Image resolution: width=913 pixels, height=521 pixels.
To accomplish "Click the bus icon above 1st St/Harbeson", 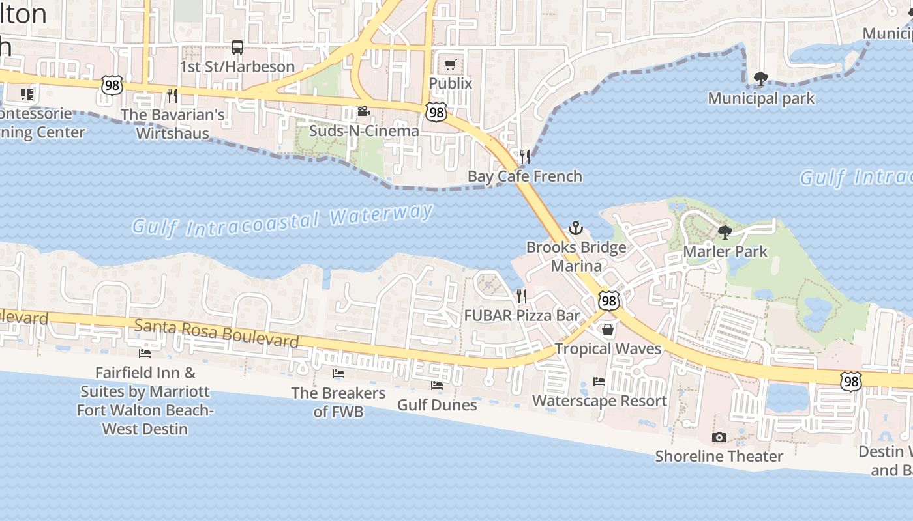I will pos(237,48).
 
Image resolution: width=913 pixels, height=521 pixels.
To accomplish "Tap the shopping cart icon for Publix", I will pos(450,64).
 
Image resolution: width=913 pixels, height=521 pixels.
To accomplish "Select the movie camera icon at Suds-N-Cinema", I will pos(363,111).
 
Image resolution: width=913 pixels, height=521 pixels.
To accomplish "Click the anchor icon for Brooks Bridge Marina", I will pos(575,228).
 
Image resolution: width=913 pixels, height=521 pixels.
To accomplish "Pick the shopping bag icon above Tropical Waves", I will pos(608,330).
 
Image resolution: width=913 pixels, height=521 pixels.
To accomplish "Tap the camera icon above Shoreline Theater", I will pos(719,437).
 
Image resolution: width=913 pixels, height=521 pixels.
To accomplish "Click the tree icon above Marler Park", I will pos(725,232).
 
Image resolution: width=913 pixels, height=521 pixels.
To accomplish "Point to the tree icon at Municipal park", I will pos(760,79).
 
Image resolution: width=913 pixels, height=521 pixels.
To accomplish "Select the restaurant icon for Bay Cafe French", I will pos(524,157).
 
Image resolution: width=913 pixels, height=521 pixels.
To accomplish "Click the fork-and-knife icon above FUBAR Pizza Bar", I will pos(522,296).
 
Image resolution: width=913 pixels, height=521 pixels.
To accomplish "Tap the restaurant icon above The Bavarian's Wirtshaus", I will pos(172,96).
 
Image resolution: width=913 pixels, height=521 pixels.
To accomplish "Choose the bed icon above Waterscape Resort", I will pos(599,382).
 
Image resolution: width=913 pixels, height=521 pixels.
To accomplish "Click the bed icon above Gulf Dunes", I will pos(437,386).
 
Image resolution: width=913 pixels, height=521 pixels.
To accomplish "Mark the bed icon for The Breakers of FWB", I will pos(338,374).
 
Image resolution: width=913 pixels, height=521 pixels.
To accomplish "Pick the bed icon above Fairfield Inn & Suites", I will pos(145,354).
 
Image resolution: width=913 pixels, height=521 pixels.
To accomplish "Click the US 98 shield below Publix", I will pos(436,112).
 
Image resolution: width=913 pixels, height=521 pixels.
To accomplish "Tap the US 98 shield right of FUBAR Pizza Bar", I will pos(608,300).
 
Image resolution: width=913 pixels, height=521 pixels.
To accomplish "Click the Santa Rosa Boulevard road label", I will pos(217,332).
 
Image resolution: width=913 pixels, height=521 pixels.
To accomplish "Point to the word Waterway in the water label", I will pos(382,214).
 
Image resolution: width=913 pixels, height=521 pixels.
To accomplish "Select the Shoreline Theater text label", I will pos(719,456).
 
